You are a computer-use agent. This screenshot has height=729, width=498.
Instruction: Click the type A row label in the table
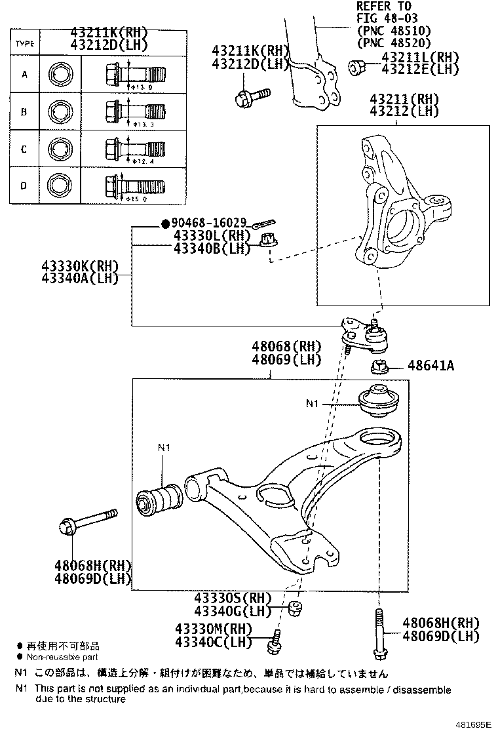point(24,74)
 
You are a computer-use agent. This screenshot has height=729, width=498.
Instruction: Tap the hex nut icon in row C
point(60,149)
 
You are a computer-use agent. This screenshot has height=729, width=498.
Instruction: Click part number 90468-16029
point(208,224)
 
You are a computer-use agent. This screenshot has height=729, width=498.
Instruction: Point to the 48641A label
point(430,365)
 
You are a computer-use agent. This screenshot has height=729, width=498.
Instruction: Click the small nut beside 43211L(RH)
point(356,66)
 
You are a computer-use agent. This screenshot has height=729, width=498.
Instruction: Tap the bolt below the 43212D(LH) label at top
point(252,96)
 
